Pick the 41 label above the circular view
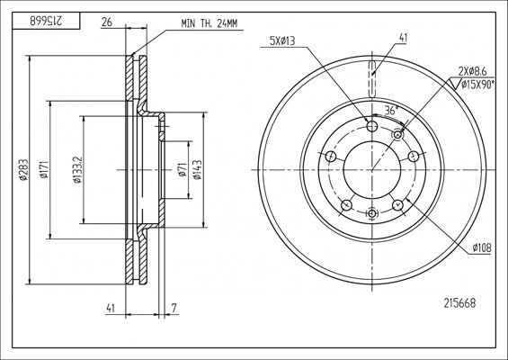(402, 38)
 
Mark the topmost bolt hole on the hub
(370, 124)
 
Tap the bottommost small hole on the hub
(371, 212)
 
